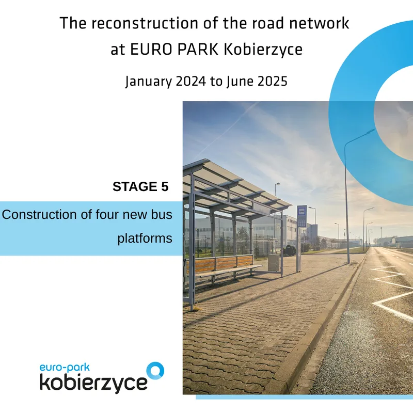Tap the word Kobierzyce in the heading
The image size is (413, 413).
tap(263, 50)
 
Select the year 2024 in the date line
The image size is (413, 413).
tap(190, 81)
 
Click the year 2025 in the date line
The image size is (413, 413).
tap(273, 81)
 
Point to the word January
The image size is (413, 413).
tap(149, 82)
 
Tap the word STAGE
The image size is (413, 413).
tap(135, 187)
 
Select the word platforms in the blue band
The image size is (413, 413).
tap(145, 239)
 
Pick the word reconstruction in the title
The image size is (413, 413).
tap(145, 23)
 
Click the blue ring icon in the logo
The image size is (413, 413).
tap(155, 371)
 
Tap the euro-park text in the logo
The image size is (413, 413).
tap(65, 368)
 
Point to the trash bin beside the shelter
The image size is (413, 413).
tap(274, 262)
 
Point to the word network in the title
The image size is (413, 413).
tap(319, 23)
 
